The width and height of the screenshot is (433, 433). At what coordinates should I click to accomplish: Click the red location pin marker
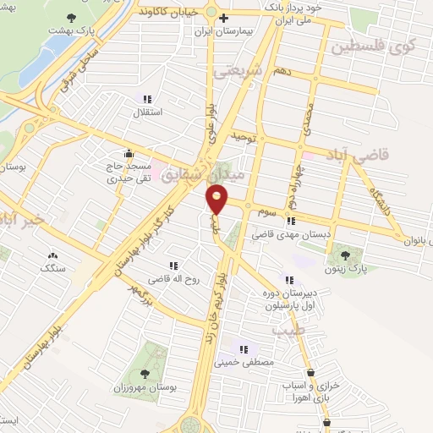[x=217, y=200]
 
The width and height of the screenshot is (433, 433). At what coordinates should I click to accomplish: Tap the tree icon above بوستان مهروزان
[x=145, y=372]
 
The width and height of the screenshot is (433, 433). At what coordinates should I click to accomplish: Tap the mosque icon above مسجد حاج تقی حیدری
[x=129, y=153]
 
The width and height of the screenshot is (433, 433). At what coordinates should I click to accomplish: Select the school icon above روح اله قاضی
[x=174, y=265]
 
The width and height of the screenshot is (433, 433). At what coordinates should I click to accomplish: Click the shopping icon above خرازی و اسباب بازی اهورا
[x=311, y=372]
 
